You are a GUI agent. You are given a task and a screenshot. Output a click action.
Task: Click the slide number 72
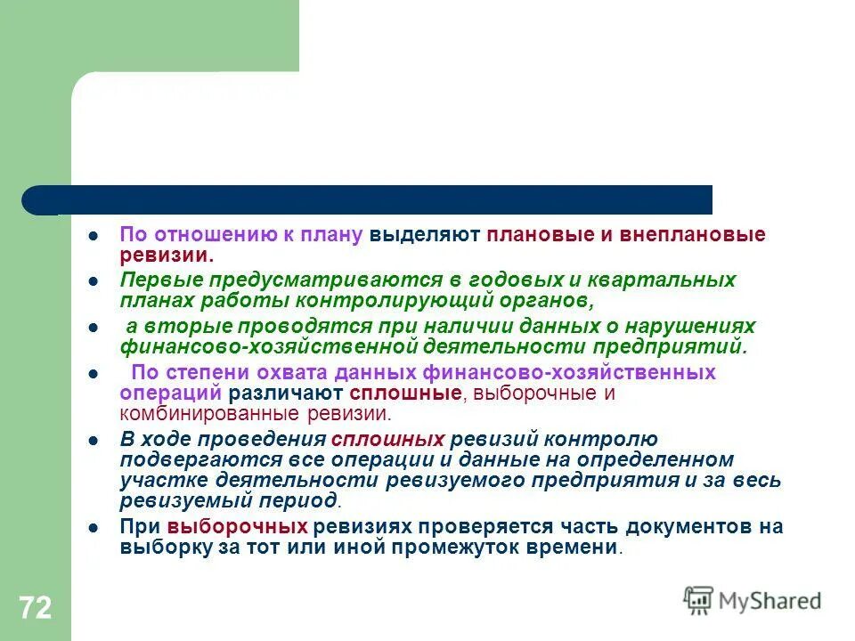click(35, 609)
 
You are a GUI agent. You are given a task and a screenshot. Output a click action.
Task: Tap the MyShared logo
click(753, 599)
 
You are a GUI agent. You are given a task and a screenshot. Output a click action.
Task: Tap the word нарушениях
click(698, 326)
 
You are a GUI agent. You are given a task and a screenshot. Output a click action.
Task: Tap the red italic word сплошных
click(387, 440)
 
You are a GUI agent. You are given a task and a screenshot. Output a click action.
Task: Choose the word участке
click(159, 481)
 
